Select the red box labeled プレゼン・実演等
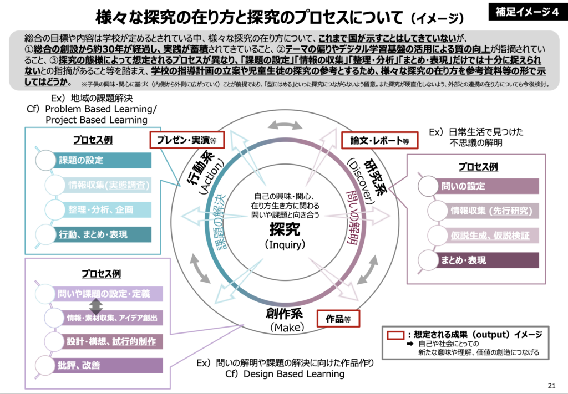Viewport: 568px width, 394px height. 182,141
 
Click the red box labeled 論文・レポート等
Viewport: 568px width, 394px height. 379,141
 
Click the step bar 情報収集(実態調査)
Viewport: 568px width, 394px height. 108,185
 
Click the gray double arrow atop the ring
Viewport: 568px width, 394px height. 284,126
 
